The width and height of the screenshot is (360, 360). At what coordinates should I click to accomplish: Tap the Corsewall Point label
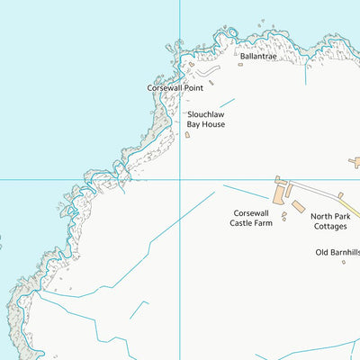[175, 88]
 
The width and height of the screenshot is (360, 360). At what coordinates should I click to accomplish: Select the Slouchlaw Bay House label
[206, 120]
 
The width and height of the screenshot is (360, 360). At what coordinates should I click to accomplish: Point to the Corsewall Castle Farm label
[250, 218]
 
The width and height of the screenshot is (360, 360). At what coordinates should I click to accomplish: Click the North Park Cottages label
[330, 221]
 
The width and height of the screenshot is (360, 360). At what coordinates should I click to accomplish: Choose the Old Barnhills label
[337, 252]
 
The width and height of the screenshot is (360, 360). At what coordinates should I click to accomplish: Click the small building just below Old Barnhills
[343, 263]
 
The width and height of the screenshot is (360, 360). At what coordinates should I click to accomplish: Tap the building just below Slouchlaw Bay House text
[187, 135]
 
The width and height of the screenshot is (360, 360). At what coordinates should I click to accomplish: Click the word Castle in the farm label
[243, 222]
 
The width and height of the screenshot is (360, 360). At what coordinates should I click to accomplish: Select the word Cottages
[330, 227]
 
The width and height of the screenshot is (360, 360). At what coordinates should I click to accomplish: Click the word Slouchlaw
[206, 115]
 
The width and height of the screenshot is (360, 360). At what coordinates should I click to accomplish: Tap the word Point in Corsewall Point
[192, 88]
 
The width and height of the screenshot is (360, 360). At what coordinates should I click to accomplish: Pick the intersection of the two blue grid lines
[180, 179]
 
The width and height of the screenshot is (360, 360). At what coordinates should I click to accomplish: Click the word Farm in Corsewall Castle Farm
[264, 222]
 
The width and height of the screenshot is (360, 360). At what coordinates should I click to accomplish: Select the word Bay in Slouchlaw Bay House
[195, 124]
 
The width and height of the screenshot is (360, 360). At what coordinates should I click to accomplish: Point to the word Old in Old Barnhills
[321, 252]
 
